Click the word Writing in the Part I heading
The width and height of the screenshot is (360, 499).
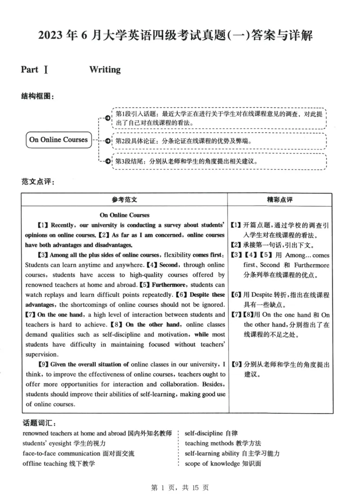coord(105,69)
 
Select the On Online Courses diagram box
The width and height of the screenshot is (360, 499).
coord(58,140)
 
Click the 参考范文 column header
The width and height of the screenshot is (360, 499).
coord(124,200)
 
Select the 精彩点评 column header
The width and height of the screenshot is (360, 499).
coord(279,200)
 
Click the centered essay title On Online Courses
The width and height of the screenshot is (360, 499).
coord(125,215)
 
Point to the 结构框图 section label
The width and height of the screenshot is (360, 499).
coord(38,96)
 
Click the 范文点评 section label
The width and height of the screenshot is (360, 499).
coord(38,182)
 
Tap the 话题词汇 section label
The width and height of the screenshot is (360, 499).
coord(38,423)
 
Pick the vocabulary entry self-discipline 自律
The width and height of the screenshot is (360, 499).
coord(211,433)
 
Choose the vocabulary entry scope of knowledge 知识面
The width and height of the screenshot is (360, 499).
coord(223,463)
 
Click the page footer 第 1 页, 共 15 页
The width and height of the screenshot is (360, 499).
coord(180,487)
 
